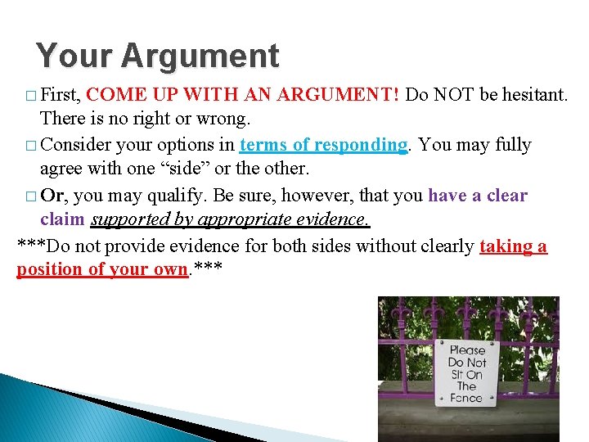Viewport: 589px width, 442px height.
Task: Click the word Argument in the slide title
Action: tap(200, 56)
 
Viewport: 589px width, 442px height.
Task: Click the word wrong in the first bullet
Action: tap(223, 119)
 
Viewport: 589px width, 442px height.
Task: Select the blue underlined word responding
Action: tap(360, 145)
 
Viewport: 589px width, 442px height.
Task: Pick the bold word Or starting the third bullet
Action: tap(53, 196)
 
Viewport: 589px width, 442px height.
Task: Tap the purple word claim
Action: tap(62, 220)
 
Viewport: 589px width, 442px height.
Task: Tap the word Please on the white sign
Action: tap(467, 350)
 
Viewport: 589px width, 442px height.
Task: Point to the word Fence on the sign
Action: tap(466, 399)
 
